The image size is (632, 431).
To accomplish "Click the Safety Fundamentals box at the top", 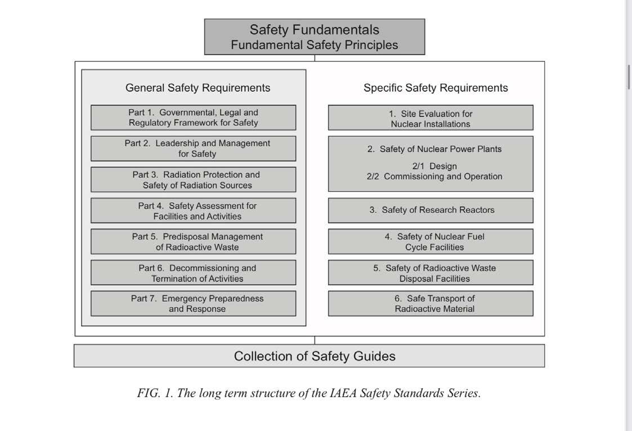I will point(314,37).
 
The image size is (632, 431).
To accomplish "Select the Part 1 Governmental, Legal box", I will point(193,118).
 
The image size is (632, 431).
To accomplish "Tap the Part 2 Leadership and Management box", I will point(193,149).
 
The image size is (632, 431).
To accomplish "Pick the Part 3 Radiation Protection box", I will point(193,179).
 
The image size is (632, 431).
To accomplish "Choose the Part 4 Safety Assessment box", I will point(193,210).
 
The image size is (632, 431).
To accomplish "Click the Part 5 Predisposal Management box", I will point(193,241).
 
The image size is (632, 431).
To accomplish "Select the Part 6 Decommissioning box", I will point(193,273).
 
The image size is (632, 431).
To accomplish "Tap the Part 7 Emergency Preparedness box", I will point(193,303).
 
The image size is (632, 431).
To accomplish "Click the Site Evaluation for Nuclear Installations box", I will point(431,118).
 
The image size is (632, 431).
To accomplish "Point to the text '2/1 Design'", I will point(434,166).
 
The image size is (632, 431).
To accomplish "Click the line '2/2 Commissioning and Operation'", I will point(434,177).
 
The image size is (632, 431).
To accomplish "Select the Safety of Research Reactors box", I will point(431,210).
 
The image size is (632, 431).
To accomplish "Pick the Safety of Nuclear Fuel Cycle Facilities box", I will point(431,241).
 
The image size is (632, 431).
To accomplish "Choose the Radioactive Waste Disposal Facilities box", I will point(431,273).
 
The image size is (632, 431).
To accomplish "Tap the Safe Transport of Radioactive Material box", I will point(431,303).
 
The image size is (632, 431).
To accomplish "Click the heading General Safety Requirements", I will point(198,88).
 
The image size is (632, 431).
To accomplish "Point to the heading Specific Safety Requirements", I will point(436,88).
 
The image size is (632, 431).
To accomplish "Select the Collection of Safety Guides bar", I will point(314,356).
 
